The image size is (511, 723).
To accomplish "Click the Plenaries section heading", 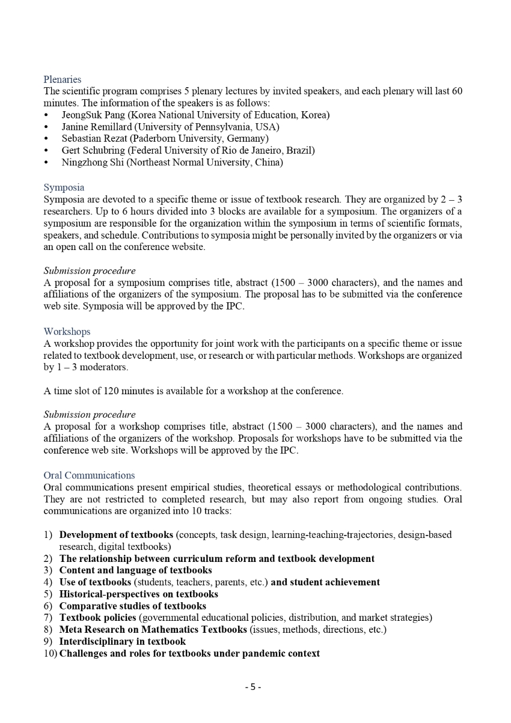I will coord(62,79).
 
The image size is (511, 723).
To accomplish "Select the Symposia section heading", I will coord(64,188).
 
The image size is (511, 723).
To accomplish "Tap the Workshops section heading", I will coord(67,332).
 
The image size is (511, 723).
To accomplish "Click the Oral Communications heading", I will coord(89,475).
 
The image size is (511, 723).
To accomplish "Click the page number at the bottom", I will coord(253,687).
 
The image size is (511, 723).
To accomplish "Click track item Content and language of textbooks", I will coord(135,570).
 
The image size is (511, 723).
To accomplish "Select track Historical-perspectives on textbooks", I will coord(138,594).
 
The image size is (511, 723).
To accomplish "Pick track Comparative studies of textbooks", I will coord(132,606).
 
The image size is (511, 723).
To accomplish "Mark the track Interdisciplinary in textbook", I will coord(122,641).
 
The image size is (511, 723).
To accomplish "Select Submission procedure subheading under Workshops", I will coord(90,415).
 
